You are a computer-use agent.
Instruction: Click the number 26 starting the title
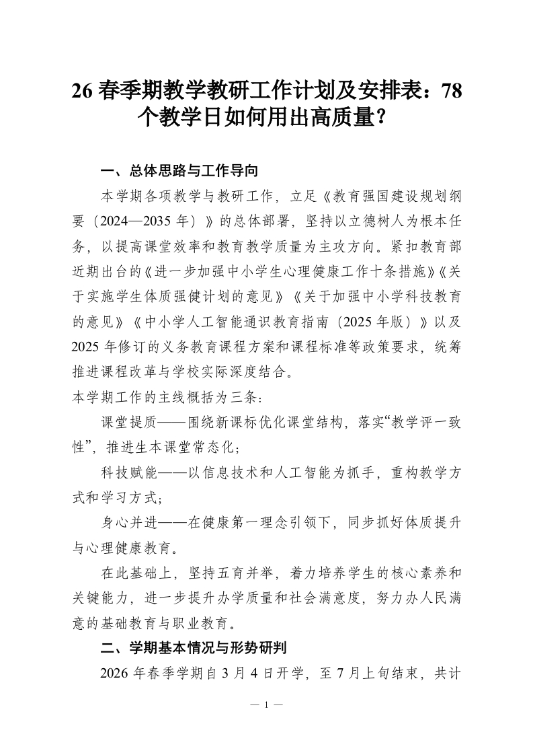[x=83, y=91]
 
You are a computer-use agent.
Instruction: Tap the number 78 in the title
[x=448, y=91]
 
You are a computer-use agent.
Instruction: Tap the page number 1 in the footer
[x=266, y=705]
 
